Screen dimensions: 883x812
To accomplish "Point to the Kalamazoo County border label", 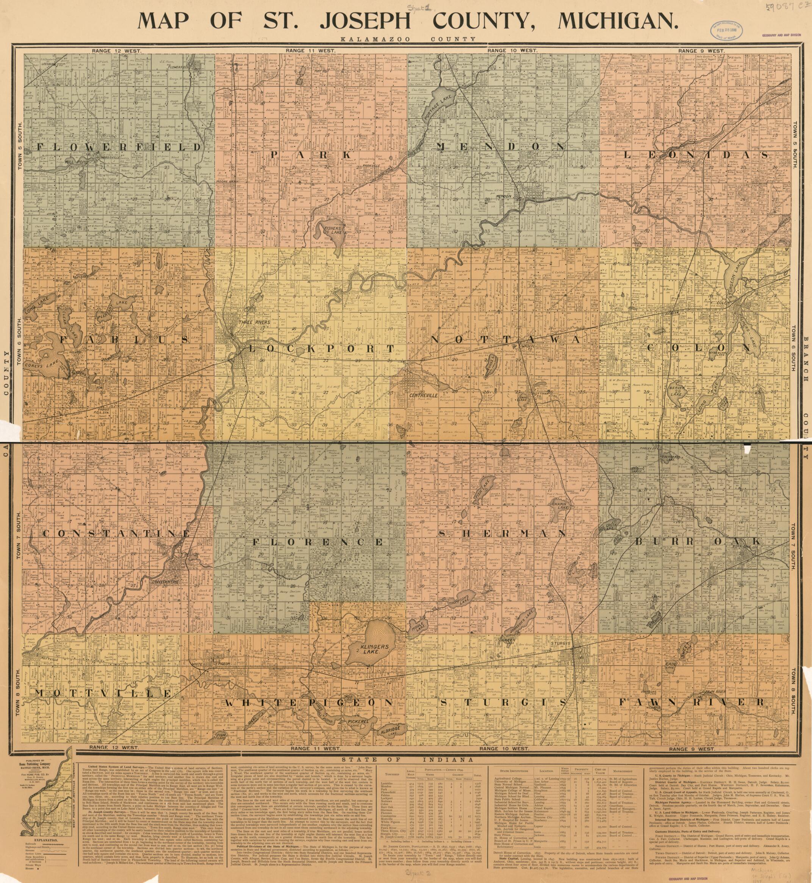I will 407,39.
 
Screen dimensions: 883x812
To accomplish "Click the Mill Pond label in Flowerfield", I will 77,162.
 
